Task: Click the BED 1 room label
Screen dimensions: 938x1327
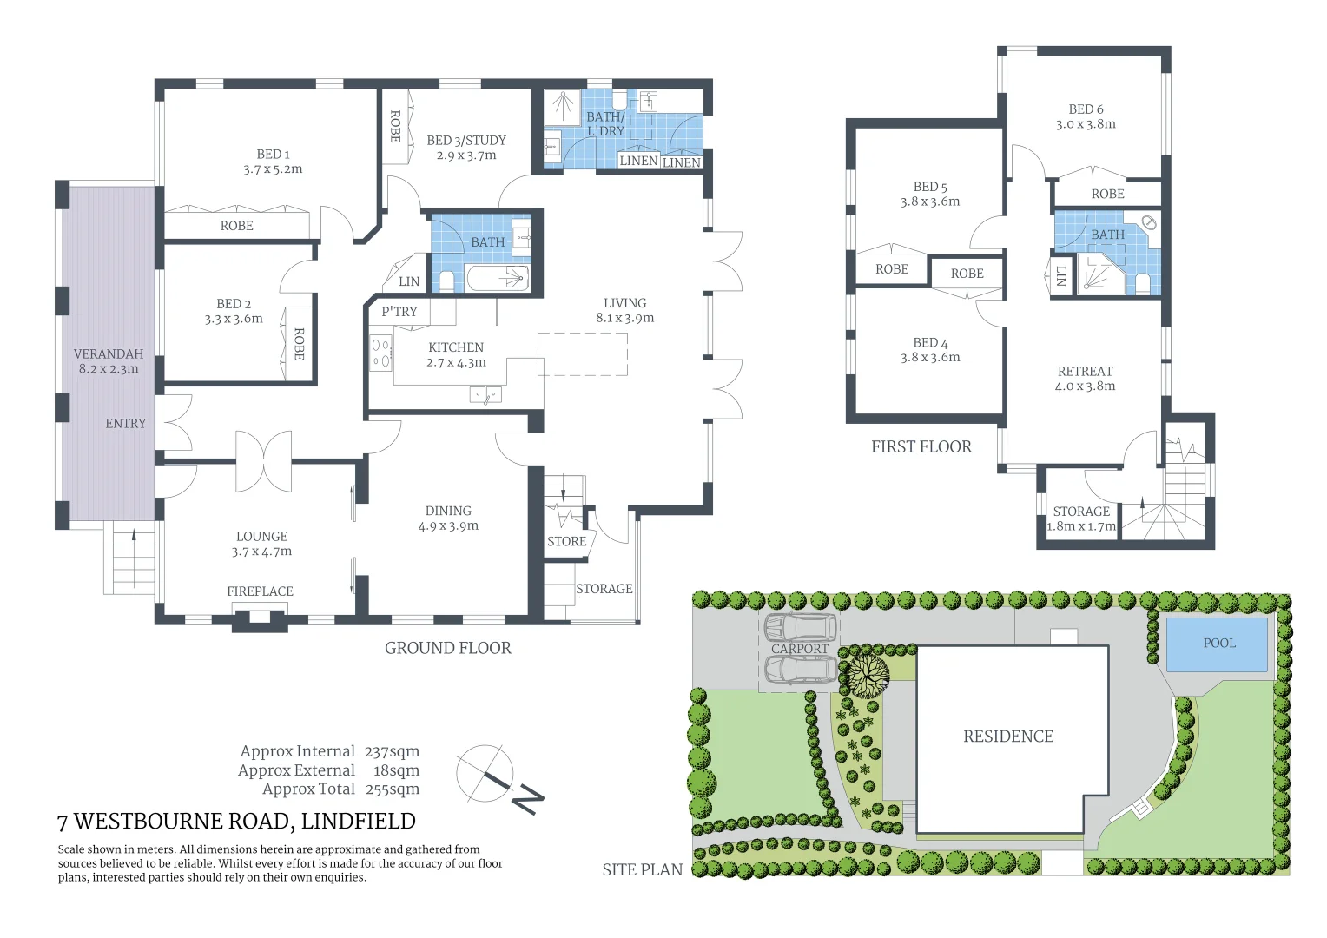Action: [273, 154]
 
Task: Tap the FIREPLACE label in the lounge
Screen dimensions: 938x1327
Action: [260, 591]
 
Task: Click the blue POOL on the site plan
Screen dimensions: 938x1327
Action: [1217, 644]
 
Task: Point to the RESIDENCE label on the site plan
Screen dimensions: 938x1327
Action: [1007, 737]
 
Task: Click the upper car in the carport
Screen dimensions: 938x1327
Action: [800, 627]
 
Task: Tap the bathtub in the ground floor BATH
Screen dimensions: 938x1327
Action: [498, 279]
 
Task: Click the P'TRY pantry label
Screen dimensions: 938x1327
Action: [399, 311]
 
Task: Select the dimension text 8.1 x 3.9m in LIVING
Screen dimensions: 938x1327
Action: [624, 318]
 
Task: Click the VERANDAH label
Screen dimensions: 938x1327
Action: [109, 353]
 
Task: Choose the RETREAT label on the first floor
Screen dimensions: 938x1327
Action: [1085, 371]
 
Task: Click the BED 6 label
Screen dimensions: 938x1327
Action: [1086, 109]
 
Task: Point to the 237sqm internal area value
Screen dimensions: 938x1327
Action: [392, 751]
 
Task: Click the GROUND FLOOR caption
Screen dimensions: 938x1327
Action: [447, 648]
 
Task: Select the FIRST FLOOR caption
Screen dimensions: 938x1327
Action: [921, 447]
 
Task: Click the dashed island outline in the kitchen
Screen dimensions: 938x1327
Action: [583, 353]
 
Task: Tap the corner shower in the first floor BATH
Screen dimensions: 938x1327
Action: [1098, 274]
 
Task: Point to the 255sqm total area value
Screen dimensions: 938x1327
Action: [392, 789]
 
